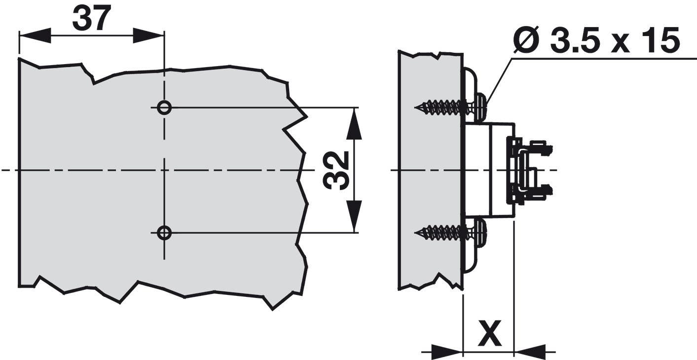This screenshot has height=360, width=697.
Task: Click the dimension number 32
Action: click(337, 170)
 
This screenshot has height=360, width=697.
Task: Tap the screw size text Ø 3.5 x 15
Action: click(596, 40)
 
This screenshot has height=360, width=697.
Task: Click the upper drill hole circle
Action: click(164, 107)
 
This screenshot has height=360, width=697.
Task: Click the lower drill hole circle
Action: click(164, 232)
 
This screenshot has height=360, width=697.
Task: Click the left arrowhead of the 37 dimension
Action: click(35, 36)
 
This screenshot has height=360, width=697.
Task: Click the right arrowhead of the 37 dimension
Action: click(148, 36)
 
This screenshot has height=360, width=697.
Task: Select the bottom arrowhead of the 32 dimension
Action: click(354, 215)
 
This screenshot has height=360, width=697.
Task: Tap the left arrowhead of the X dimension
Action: click(447, 352)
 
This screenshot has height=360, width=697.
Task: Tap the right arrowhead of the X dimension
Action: click(530, 352)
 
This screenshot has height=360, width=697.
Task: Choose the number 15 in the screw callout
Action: click(661, 40)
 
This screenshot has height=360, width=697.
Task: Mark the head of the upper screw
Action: click(479, 107)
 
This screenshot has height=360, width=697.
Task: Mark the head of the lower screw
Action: click(479, 232)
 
